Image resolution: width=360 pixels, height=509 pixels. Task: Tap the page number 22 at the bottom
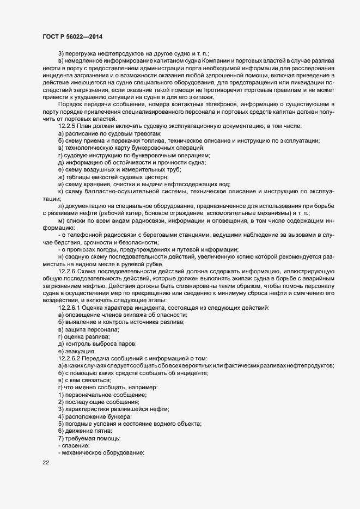pyautogui.click(x=46, y=462)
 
